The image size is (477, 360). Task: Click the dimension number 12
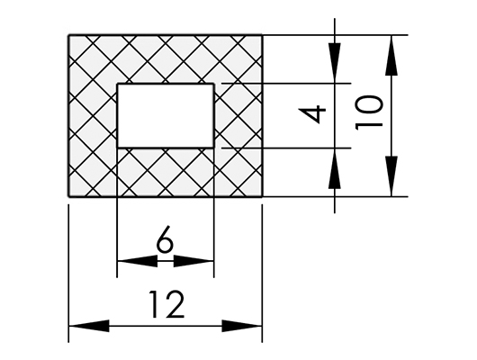click(x=166, y=304)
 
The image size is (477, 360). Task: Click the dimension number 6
click(x=165, y=242)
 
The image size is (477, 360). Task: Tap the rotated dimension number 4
click(x=312, y=114)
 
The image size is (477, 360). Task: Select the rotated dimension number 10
click(x=368, y=112)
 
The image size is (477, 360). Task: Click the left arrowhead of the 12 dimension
click(x=89, y=326)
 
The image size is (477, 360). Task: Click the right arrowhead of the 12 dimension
click(x=242, y=326)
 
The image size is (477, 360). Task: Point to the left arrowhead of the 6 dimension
click(x=138, y=261)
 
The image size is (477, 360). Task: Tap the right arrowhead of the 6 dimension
click(x=193, y=261)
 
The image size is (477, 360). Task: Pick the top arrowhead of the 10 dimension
click(x=391, y=55)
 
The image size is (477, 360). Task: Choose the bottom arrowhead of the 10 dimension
click(x=391, y=176)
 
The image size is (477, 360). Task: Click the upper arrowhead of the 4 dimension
click(x=335, y=63)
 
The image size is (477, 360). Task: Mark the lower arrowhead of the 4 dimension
click(x=335, y=168)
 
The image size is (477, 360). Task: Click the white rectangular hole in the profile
click(x=166, y=115)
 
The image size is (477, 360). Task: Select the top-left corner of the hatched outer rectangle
click(x=68, y=36)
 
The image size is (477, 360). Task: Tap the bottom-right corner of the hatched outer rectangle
click(x=262, y=196)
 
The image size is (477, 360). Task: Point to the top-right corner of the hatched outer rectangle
click(x=262, y=36)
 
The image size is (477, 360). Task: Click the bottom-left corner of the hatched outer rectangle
click(x=68, y=196)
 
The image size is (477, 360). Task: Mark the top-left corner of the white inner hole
click(x=118, y=84)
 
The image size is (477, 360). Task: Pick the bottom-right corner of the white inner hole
click(x=213, y=148)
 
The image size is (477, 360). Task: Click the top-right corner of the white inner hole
click(x=213, y=84)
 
